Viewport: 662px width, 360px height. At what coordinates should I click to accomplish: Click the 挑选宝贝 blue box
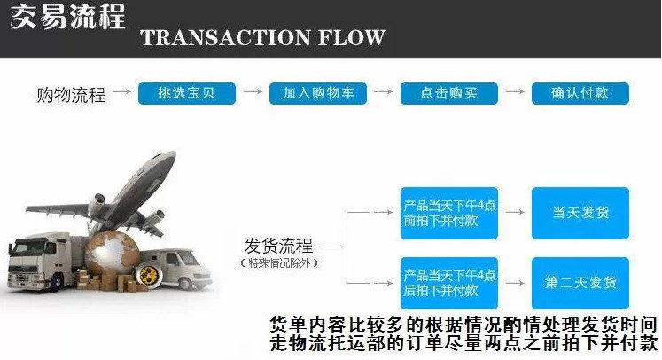tap(187, 93)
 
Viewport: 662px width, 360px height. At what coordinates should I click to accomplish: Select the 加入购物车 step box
tap(318, 93)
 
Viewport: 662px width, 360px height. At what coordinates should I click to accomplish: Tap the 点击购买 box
tap(449, 93)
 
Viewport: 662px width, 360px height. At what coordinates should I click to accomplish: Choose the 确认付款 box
tap(580, 93)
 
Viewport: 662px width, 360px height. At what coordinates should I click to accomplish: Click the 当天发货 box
tap(580, 213)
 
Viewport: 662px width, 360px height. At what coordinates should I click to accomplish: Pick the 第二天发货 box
tap(580, 283)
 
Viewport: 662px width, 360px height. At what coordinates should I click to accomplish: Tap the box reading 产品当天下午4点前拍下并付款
tap(449, 213)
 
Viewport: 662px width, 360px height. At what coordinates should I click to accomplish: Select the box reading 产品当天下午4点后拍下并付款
tap(449, 283)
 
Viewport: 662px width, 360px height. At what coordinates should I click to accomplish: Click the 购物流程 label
tap(71, 95)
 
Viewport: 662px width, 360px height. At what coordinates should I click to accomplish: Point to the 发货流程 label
tap(278, 246)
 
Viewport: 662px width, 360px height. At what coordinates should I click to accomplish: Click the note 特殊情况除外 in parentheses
tap(278, 263)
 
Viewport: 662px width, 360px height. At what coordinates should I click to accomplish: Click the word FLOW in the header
tap(351, 37)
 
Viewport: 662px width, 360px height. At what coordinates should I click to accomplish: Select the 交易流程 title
tap(67, 17)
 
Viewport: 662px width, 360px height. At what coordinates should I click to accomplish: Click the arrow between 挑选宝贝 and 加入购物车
tap(253, 91)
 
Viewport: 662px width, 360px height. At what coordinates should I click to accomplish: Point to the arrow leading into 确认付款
tap(515, 91)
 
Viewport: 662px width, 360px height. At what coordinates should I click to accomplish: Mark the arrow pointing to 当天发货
tap(515, 212)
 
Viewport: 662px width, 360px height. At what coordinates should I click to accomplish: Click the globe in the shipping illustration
tap(113, 253)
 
